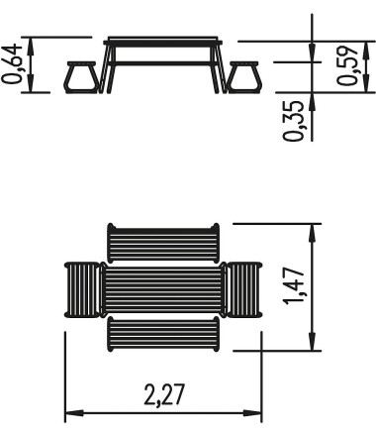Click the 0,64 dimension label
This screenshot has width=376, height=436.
(12, 63)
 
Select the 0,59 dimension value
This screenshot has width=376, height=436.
(347, 65)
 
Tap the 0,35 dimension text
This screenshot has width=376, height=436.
(293, 121)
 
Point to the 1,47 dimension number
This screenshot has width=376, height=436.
(293, 286)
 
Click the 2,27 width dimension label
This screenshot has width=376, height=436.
(163, 394)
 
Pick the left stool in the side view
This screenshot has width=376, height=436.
(82, 77)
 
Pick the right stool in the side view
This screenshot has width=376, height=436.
(244, 77)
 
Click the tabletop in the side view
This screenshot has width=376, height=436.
(163, 42)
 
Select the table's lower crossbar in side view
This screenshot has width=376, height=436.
(163, 63)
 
